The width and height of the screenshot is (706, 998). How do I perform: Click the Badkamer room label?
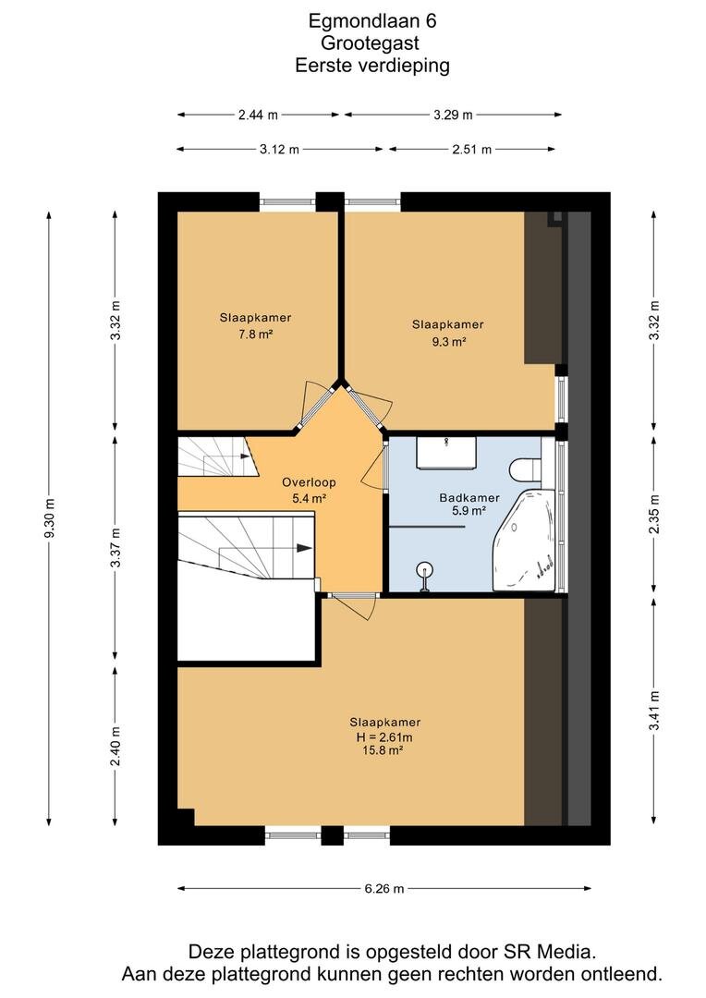[469, 498]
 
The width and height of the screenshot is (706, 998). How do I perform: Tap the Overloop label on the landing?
[309, 482]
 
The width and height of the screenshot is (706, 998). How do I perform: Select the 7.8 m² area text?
[256, 334]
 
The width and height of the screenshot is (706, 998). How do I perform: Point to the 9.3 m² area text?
[449, 342]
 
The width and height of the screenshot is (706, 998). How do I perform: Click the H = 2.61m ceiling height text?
[384, 737]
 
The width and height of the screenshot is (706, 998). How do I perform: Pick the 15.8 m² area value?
[384, 750]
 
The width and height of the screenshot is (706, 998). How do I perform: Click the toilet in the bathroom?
[525, 469]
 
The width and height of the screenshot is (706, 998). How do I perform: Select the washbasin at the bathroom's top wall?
[447, 453]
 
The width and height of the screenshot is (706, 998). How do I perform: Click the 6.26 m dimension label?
[383, 889]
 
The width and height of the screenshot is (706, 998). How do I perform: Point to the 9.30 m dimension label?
[50, 518]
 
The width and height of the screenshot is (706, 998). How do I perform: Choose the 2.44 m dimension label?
[258, 116]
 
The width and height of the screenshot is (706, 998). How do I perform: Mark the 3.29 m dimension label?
[454, 116]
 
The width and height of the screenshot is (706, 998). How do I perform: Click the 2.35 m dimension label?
[655, 515]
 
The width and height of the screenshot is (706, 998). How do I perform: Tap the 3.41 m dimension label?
[655, 711]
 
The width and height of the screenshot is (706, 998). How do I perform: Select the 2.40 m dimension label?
[116, 747]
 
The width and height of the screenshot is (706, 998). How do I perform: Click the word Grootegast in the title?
[370, 43]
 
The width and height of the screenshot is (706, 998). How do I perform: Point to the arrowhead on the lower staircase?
[304, 548]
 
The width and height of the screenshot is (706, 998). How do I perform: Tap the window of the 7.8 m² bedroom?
[287, 201]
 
